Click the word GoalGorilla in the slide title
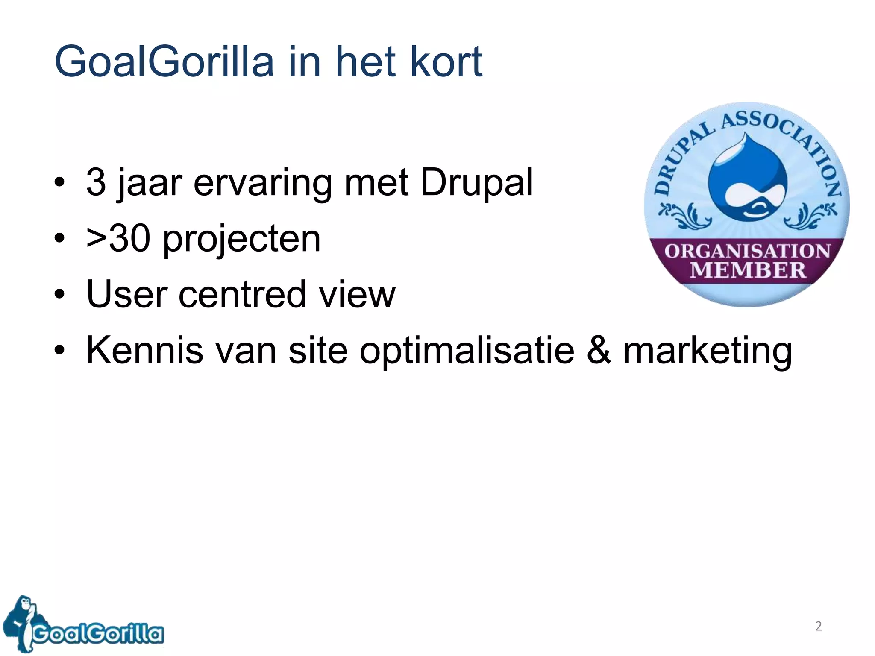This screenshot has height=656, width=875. pos(164,62)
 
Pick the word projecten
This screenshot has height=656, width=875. pos(242,240)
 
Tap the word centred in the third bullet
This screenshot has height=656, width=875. pos(242,294)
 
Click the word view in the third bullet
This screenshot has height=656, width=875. pos(358,294)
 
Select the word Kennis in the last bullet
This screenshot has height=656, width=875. pos(144,350)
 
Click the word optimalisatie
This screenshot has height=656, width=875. pos(467,351)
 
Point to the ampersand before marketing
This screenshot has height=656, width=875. pos(599,350)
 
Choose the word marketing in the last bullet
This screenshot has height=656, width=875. pos(708,351)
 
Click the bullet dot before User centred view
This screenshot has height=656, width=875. pos(59,294)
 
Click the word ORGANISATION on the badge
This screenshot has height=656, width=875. pos(747,251)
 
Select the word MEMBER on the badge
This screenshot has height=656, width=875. pos(748,270)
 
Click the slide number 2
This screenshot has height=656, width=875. pos(818,626)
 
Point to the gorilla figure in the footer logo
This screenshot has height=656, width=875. pos(21,621)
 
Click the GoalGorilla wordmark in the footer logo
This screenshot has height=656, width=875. pos(98,633)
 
